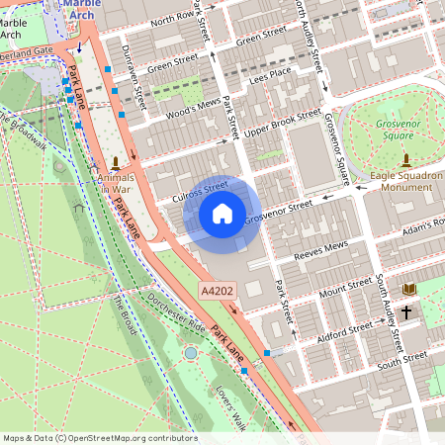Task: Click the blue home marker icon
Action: point(222,213)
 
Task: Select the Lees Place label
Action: point(270,72)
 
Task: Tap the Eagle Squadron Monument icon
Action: point(405,159)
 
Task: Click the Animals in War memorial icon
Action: point(116,161)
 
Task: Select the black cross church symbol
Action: point(406,311)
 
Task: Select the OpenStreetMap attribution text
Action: point(99,438)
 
